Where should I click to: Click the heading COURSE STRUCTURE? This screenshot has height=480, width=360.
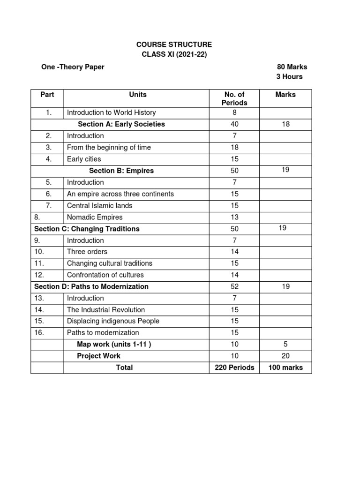coord(174,45)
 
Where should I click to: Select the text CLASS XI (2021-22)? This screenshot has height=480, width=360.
coord(174,55)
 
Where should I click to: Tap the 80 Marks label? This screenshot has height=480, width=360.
coord(292,67)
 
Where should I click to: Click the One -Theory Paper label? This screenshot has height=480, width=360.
coord(73,67)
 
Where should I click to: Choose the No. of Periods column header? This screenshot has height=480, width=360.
coord(234,98)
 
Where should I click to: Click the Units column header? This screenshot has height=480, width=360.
coord(138,95)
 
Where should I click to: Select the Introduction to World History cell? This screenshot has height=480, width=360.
coord(112,112)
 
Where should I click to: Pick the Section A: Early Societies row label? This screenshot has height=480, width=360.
coord(121,124)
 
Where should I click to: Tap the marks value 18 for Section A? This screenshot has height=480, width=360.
coord(286,124)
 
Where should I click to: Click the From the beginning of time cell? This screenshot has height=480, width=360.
coord(109,147)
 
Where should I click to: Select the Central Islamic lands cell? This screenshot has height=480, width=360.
coord(100,205)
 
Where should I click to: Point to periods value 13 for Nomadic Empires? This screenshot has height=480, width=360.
coord(234,217)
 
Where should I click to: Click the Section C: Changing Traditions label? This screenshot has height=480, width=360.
coord(87,229)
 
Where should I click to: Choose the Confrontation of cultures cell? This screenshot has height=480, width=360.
coord(105,275)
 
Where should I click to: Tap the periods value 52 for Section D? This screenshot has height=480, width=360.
coord(234,286)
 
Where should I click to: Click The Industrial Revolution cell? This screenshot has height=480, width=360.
coord(106,310)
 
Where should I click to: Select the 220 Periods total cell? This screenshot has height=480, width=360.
coord(234,367)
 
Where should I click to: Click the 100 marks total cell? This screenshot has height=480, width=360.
coord(285,367)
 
